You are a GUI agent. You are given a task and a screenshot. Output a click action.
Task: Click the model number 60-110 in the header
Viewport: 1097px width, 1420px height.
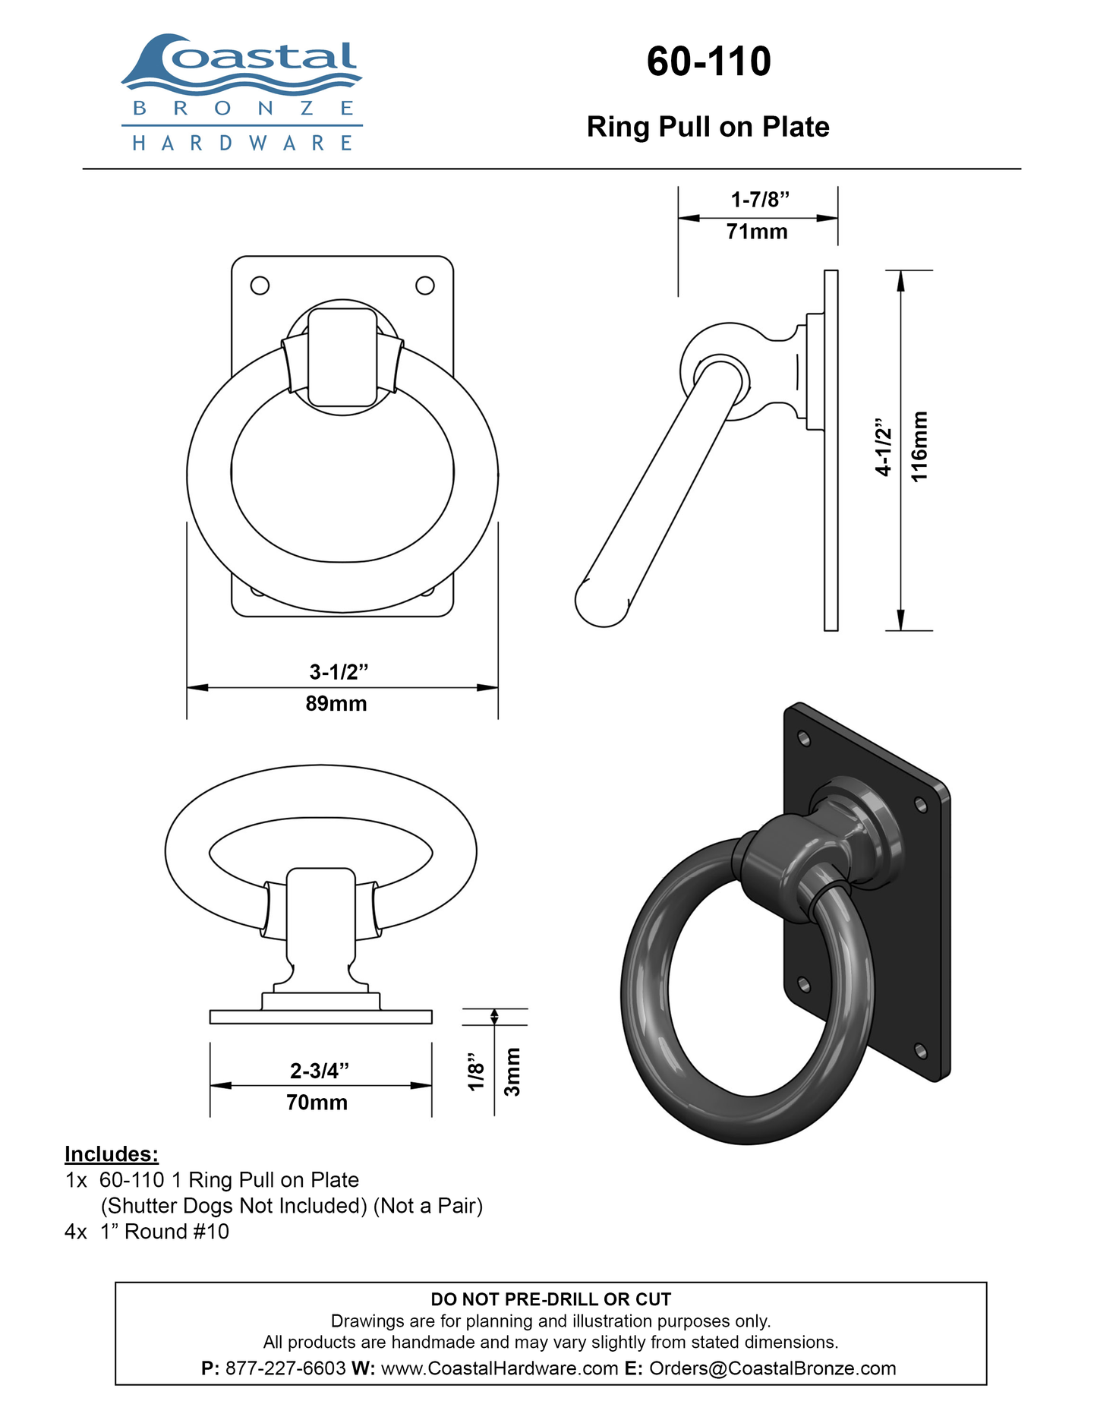708,62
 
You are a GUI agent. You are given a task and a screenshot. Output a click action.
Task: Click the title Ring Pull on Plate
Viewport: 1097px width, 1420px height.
708,127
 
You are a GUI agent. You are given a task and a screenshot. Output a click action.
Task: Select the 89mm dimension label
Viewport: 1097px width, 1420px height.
336,704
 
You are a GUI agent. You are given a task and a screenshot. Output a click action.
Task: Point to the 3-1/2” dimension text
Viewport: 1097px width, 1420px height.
339,672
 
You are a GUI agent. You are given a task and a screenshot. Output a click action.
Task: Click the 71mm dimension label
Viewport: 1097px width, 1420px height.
757,232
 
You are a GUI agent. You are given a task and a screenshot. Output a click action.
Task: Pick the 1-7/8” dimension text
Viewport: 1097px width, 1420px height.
760,200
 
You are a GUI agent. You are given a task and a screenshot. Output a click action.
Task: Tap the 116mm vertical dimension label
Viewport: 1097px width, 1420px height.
919,446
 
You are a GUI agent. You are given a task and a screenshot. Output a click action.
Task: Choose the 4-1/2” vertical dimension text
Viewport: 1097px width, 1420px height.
883,447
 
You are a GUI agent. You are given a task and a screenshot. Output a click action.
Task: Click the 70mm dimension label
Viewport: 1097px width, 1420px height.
317,1103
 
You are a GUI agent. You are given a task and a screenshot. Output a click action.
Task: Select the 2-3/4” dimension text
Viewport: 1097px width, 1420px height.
320,1071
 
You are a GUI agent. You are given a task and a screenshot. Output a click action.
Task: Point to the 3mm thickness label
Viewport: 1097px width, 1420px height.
512,1071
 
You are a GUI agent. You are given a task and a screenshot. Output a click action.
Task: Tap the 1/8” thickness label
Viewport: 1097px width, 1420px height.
476,1071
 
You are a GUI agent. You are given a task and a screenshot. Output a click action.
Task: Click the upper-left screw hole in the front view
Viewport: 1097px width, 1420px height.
260,286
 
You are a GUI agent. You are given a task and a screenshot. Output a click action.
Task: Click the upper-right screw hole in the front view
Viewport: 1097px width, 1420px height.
425,286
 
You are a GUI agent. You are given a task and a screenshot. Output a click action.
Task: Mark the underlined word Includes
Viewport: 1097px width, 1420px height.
112,1154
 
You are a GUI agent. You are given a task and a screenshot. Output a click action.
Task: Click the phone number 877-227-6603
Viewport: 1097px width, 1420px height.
285,1368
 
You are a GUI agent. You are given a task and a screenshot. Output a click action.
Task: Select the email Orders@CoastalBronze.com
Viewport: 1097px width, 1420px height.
773,1368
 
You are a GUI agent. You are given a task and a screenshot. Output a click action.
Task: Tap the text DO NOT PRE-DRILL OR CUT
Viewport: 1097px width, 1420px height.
551,1299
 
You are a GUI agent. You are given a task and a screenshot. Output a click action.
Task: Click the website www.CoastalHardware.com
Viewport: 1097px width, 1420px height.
500,1368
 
